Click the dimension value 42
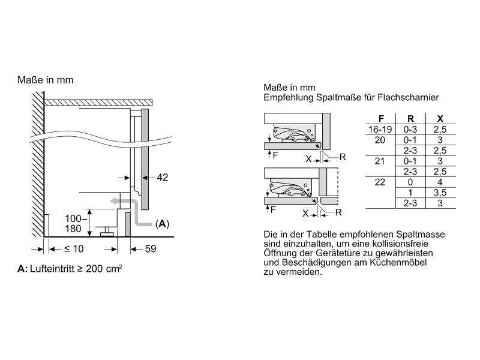(163, 177)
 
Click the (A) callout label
(163, 224)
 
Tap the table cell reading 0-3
(410, 128)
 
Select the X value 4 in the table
(440, 182)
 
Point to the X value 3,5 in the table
(440, 193)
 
